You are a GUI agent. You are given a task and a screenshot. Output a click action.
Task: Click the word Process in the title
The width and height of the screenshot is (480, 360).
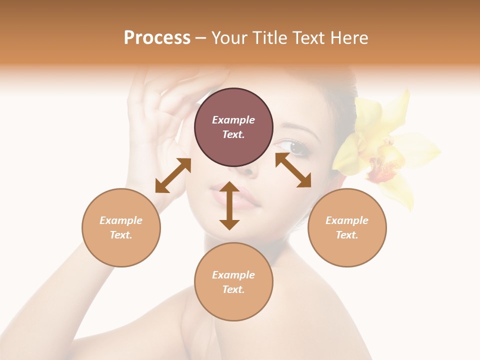tap(157, 38)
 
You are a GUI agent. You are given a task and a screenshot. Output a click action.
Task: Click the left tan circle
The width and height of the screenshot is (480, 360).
tap(121, 227)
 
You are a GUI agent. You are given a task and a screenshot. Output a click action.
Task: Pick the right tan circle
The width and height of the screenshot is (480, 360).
tap(347, 227)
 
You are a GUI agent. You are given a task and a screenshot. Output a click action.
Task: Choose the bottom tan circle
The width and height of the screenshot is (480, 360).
tap(233, 281)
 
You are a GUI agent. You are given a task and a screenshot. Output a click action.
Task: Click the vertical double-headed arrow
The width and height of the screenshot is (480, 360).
tap(229, 205)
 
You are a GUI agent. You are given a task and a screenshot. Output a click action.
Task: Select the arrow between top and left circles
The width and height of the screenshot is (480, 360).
tap(173, 175)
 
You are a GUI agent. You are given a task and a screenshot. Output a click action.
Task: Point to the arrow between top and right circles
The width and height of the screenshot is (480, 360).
tap(293, 170)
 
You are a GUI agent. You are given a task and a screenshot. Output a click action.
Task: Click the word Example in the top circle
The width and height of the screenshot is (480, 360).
tap(233, 120)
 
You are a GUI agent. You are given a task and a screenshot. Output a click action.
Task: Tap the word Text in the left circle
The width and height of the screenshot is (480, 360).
tap(121, 235)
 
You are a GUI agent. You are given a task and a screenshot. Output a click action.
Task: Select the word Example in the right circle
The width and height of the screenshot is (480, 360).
tap(347, 220)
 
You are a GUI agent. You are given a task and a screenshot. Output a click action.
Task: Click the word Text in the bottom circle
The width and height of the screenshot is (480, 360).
tap(233, 289)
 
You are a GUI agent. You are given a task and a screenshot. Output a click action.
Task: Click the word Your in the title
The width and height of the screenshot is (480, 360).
tap(227, 38)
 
